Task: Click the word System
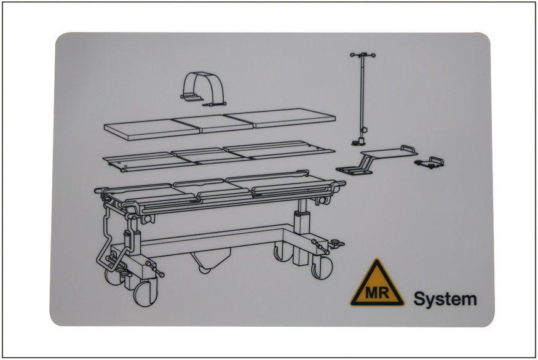tap(445, 299)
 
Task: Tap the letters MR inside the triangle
tap(377, 293)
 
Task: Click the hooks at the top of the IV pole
tap(363, 55)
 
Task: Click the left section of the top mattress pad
tap(152, 129)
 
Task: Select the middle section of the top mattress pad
tap(212, 124)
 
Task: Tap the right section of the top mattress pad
tap(280, 118)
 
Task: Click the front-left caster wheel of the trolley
tap(146, 293)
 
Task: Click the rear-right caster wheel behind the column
tap(283, 252)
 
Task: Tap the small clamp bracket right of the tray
tap(429, 162)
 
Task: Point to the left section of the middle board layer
tap(150, 162)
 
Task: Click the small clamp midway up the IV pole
tap(365, 129)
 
